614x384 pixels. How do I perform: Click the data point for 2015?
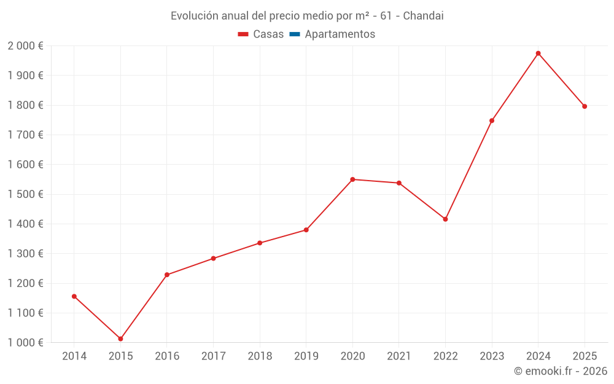point(120,339)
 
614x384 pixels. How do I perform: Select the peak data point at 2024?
point(538,53)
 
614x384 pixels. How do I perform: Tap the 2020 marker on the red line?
point(352,179)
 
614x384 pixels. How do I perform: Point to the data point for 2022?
point(445,219)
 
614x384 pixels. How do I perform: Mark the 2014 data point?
point(74,296)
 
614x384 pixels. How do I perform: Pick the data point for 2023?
point(492,120)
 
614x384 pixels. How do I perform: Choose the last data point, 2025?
point(585,106)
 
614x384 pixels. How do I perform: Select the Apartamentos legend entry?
point(340,34)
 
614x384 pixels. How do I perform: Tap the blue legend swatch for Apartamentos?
point(294,34)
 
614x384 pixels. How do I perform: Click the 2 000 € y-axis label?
point(25,46)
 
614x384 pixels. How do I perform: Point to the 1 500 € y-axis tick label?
point(25,194)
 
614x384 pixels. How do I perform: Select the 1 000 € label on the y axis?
point(25,343)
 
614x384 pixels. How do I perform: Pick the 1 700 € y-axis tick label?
point(25,135)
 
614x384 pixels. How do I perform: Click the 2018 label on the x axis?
point(260,356)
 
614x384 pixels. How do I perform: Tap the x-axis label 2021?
point(398,356)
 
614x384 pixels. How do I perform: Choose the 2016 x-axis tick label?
point(167,356)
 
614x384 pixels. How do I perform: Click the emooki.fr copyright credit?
point(561,371)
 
